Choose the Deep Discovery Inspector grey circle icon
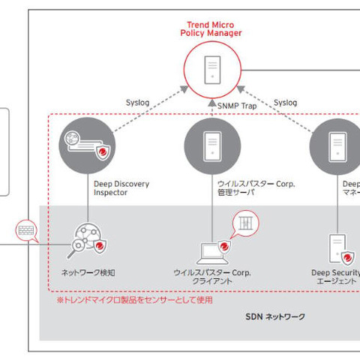pos(85,143)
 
